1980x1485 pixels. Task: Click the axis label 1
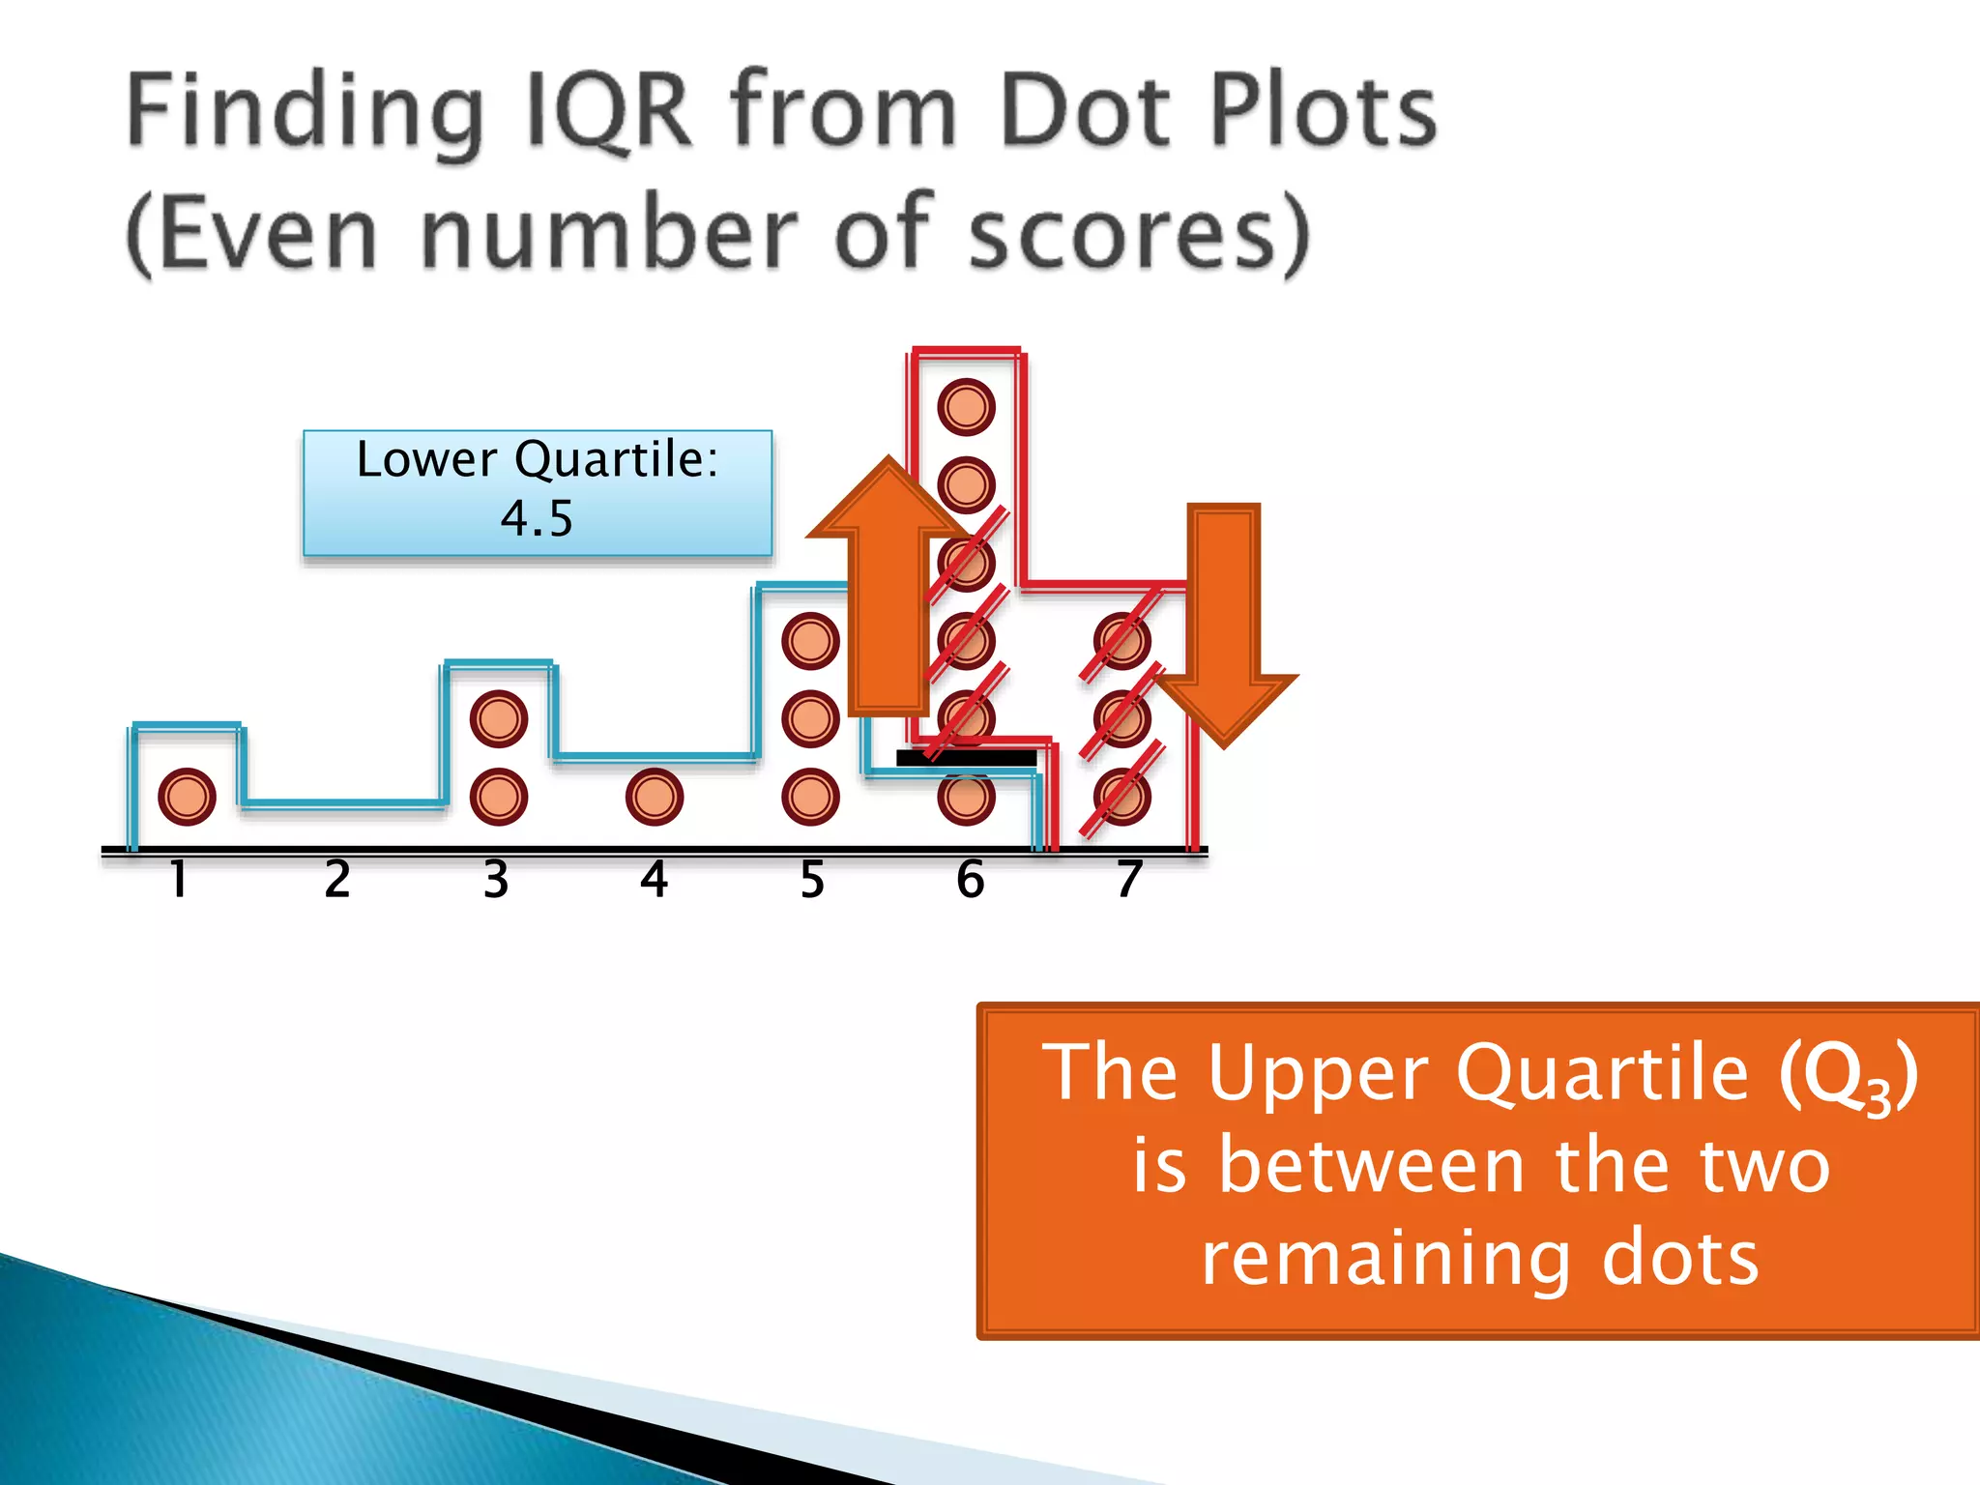[x=178, y=880]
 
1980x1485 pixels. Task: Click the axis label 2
[x=336, y=880]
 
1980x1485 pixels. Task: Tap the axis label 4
[x=655, y=880]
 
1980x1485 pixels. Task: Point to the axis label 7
[x=1129, y=880]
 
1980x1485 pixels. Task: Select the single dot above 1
[x=187, y=797]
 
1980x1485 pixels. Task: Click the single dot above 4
[x=655, y=797]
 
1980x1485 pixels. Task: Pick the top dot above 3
[x=498, y=718]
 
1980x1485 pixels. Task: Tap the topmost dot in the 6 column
[x=966, y=406]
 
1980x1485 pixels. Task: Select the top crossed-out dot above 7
[x=1121, y=641]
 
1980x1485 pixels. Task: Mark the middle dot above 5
[x=810, y=718]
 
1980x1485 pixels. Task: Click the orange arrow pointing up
[x=888, y=590]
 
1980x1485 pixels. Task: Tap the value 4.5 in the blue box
[x=537, y=518]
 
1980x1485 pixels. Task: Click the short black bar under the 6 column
[x=966, y=758]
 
